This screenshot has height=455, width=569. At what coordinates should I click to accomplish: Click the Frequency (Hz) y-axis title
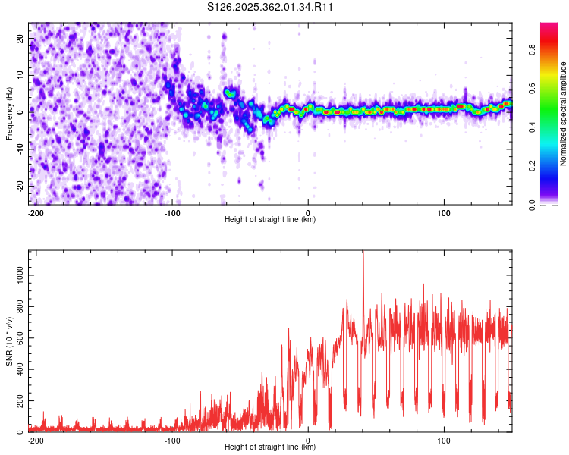coord(10,114)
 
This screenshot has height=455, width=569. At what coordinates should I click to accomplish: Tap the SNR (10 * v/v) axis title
coord(10,341)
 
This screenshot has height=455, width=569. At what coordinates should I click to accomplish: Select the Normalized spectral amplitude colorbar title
coord(564,114)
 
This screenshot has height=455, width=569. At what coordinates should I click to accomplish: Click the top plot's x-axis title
coord(270,219)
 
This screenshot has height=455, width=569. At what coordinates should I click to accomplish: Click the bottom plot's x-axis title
coord(270,447)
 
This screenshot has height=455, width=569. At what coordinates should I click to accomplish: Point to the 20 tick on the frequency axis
coord(20,38)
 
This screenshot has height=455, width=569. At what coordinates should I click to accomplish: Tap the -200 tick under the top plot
coord(36,211)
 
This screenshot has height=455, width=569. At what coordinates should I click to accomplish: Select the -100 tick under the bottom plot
coord(172,438)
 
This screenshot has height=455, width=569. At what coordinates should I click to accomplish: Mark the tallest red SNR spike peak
coord(363,253)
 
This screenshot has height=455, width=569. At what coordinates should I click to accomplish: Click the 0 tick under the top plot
coord(308,211)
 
